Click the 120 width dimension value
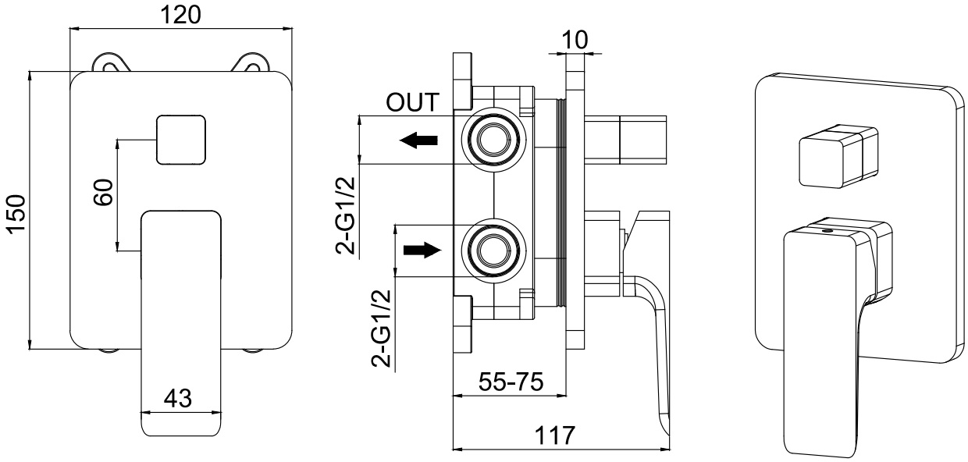[181, 14]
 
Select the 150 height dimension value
[15, 212]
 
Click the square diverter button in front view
[181, 140]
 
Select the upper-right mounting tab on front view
[252, 62]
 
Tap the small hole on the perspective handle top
[827, 232]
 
